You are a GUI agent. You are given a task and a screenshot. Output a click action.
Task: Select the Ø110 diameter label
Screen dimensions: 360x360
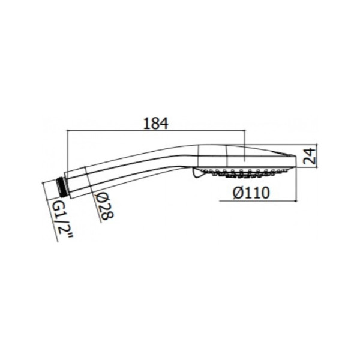[x=251, y=193]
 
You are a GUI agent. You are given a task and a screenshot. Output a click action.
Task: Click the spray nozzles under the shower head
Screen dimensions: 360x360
[x=244, y=173]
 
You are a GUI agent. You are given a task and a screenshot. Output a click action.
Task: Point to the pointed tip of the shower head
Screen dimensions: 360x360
[x=295, y=155]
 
